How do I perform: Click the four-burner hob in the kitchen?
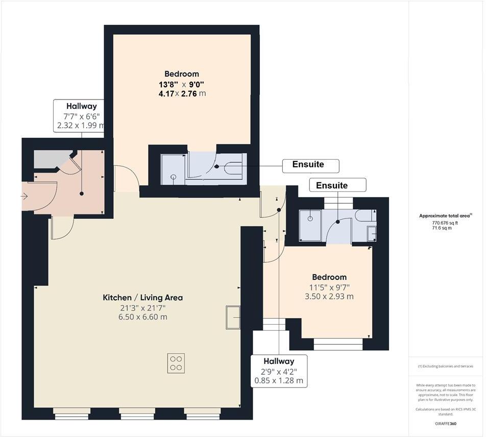click(x=176, y=362)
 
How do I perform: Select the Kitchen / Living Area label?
click(x=143, y=298)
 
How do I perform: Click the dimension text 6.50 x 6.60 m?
click(x=143, y=317)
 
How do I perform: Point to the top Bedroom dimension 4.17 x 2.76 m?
click(x=182, y=93)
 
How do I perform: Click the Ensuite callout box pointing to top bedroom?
click(x=311, y=165)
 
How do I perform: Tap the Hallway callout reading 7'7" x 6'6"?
click(x=81, y=116)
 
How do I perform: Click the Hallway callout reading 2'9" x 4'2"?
click(x=279, y=371)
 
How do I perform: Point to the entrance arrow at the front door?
click(x=24, y=196)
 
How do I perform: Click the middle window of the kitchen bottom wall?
click(x=137, y=413)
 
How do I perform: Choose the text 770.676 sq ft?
click(x=445, y=223)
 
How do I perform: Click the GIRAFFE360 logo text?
click(x=446, y=424)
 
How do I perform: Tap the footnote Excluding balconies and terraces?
click(x=446, y=366)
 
